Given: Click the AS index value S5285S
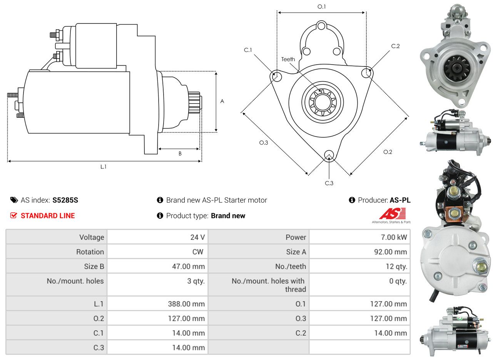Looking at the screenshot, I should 65,200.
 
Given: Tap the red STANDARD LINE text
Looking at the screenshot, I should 48,216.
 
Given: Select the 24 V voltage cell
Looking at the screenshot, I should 197,237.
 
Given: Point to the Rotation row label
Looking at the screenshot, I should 90,252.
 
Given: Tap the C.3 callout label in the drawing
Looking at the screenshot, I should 329,183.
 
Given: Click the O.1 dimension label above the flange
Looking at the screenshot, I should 321,7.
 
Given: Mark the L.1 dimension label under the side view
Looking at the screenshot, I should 103,167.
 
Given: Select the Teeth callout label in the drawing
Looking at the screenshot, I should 288,59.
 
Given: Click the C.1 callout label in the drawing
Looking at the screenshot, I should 248,50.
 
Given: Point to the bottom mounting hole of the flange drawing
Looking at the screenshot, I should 329,155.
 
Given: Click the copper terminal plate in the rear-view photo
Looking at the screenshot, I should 454,213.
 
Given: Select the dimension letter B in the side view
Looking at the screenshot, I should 180,153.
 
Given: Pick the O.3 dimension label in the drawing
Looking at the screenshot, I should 263,143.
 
